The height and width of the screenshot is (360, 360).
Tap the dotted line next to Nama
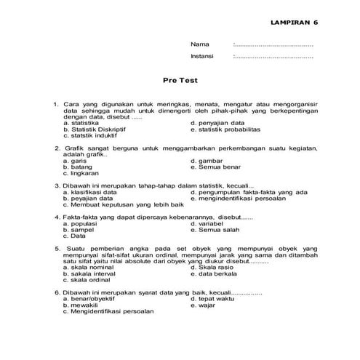pyautogui.click(x=273, y=45)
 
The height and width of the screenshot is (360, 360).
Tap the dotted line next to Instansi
pyautogui.click(x=273, y=56)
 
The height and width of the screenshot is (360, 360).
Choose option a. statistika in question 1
pyautogui.click(x=84, y=123)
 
